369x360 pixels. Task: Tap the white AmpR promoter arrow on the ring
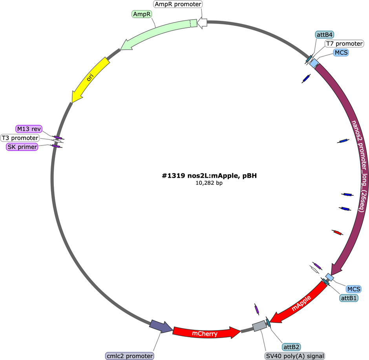click(x=202, y=23)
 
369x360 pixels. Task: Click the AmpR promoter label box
click(x=178, y=4)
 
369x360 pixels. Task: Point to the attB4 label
click(x=325, y=35)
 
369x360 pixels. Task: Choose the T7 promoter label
click(x=344, y=44)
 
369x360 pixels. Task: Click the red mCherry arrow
click(x=206, y=332)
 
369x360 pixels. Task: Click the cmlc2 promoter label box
click(x=130, y=356)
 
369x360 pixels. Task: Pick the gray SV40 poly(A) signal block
click(x=259, y=326)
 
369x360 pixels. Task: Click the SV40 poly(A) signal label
click(x=295, y=356)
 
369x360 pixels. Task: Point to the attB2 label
click(x=291, y=347)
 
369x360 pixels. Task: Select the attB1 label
click(x=349, y=298)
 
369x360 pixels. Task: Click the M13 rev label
click(x=29, y=129)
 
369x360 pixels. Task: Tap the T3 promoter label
click(x=20, y=138)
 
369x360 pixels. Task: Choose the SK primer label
click(x=22, y=147)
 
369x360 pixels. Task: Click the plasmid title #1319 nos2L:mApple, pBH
click(x=209, y=176)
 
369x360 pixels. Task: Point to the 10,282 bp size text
click(x=209, y=183)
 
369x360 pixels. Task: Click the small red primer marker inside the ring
click(x=338, y=233)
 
